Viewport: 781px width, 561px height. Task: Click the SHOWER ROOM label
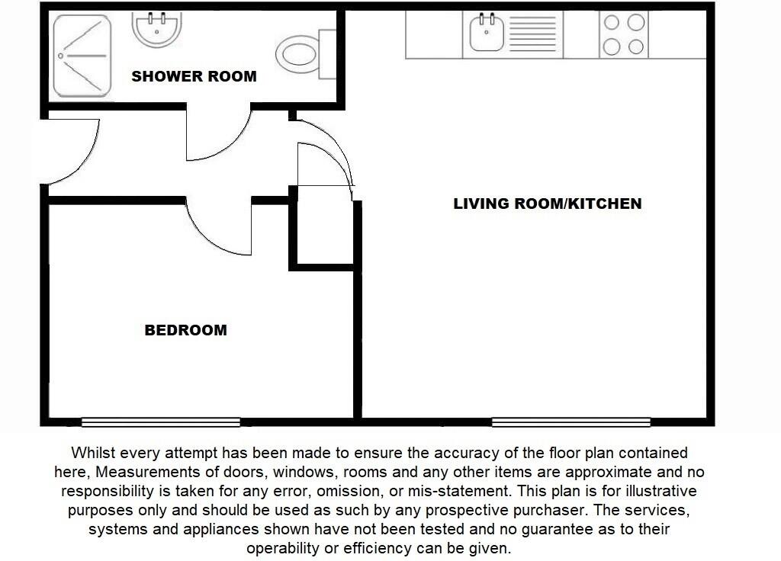[194, 76]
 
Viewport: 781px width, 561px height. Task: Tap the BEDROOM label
[185, 330]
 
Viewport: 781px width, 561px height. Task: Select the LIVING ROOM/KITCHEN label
[547, 204]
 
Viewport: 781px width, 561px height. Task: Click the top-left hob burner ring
[611, 23]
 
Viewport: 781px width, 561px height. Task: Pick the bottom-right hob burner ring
[635, 47]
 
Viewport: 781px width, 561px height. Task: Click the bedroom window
[161, 422]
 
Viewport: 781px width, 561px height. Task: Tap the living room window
[570, 422]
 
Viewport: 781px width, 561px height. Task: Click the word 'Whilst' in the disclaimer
[90, 454]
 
